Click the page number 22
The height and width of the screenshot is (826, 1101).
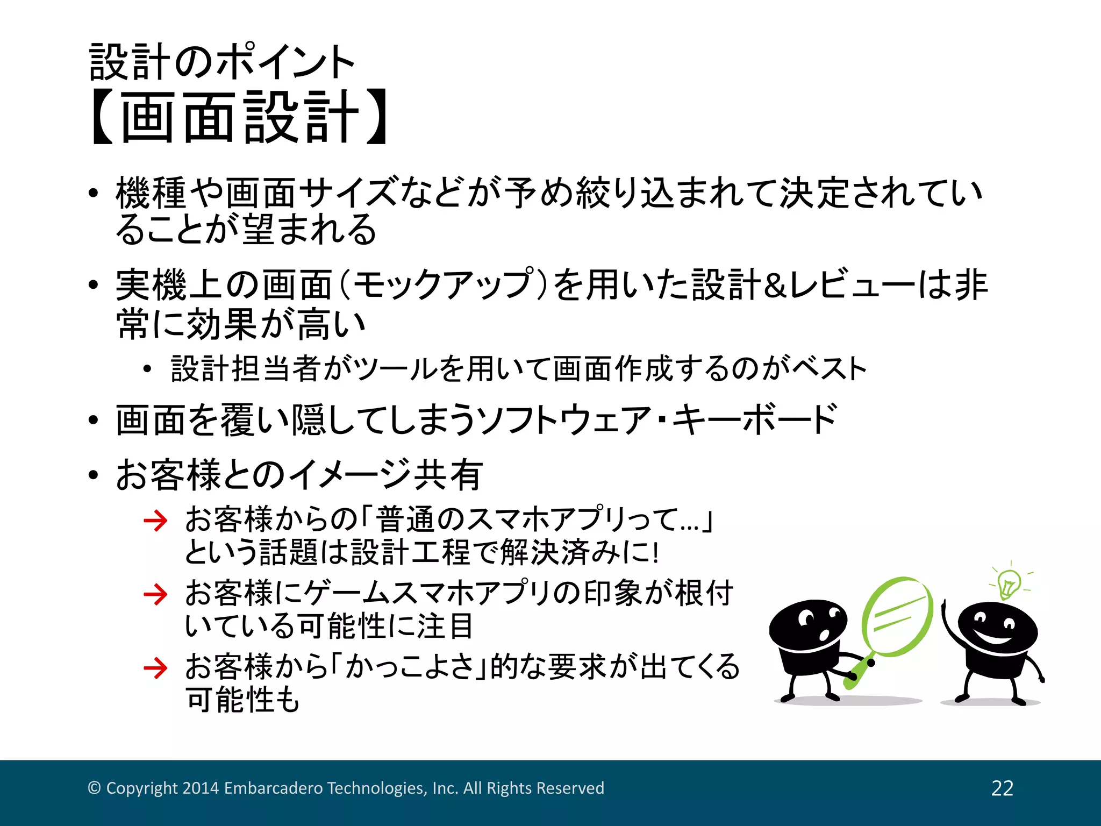[x=1002, y=788]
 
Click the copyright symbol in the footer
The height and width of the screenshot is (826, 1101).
[x=94, y=788]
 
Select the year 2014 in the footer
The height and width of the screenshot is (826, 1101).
[x=201, y=788]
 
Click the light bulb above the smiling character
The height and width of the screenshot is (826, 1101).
[x=1009, y=583]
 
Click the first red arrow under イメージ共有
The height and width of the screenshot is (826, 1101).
[x=156, y=521]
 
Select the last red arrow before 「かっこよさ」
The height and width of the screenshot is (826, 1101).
[x=156, y=668]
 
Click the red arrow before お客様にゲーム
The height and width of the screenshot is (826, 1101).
[x=156, y=594]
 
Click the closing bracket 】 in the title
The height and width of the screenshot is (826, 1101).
[x=376, y=117]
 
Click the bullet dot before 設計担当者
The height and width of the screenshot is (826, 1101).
[x=147, y=369]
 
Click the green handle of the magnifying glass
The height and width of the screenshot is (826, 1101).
[x=856, y=673]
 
